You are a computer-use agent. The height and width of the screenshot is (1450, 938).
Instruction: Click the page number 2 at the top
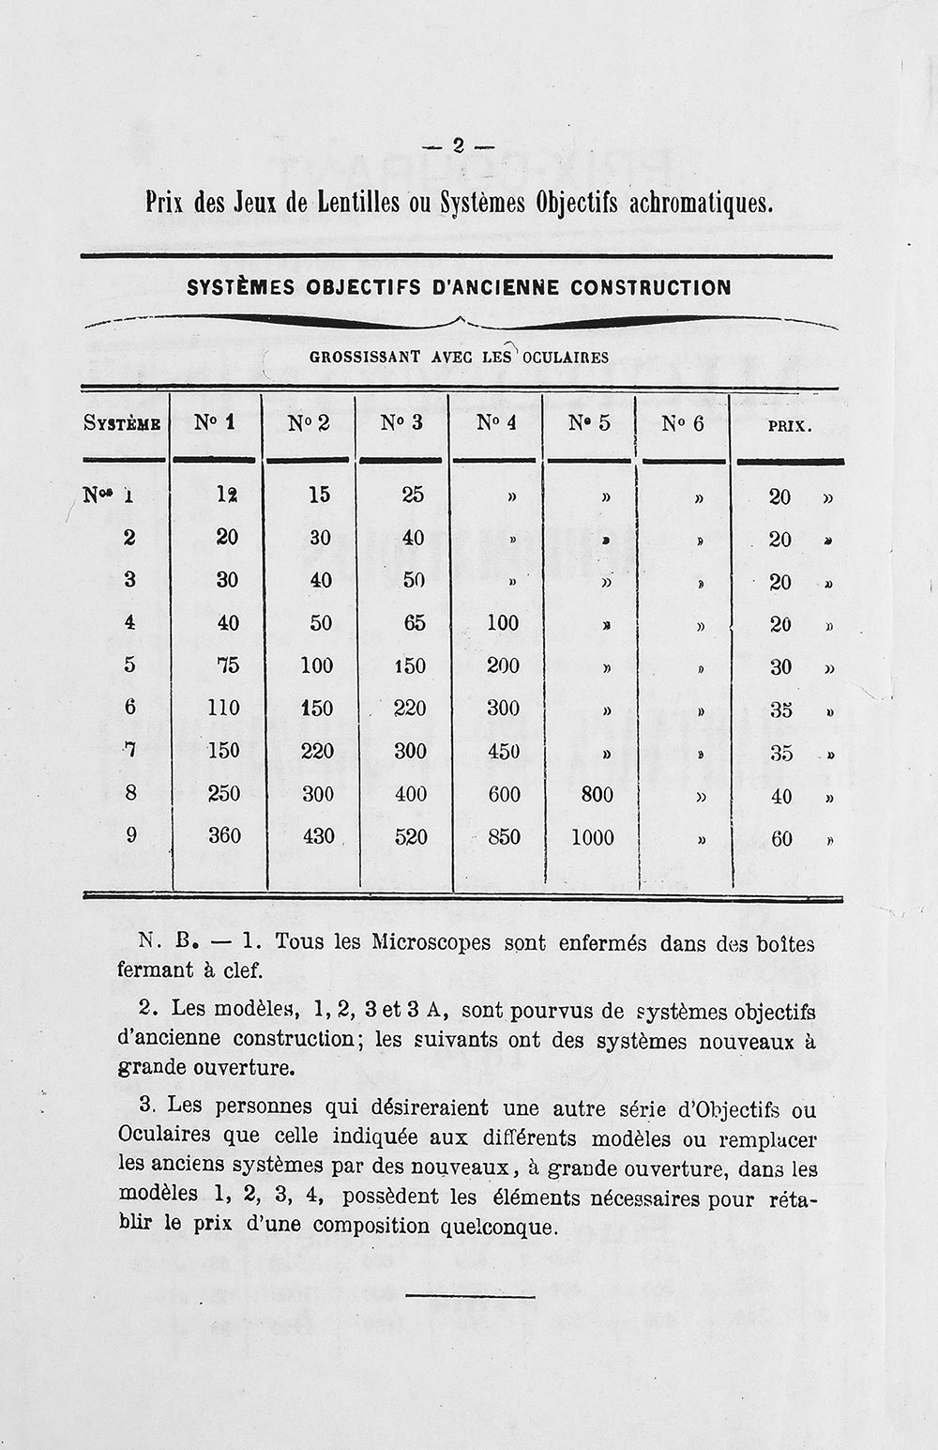pyautogui.click(x=459, y=145)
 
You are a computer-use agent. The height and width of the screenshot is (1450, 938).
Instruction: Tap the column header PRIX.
pyautogui.click(x=790, y=426)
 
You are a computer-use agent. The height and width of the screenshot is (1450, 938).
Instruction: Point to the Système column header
pyautogui.click(x=122, y=424)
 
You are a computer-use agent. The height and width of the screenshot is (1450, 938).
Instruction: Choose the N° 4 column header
pyautogui.click(x=496, y=423)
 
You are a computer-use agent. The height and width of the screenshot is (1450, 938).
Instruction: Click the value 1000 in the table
pyautogui.click(x=593, y=837)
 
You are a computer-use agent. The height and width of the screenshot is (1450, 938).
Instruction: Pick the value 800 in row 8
pyautogui.click(x=597, y=795)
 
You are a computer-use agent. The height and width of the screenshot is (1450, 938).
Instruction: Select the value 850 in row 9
pyautogui.click(x=504, y=836)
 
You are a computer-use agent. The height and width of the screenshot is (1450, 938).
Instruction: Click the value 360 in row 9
pyautogui.click(x=224, y=835)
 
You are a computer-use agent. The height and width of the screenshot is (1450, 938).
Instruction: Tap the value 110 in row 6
pyautogui.click(x=223, y=708)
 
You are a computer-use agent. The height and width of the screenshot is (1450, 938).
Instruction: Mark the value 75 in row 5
pyautogui.click(x=227, y=665)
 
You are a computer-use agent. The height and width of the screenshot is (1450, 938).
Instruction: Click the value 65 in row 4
pyautogui.click(x=414, y=623)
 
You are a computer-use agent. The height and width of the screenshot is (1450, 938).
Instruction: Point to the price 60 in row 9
pyautogui.click(x=781, y=839)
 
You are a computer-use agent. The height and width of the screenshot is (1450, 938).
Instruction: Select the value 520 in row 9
pyautogui.click(x=411, y=836)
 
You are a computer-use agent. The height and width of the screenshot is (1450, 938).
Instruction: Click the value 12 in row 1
pyautogui.click(x=226, y=495)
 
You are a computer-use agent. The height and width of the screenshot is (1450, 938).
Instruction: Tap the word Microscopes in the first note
pyautogui.click(x=431, y=941)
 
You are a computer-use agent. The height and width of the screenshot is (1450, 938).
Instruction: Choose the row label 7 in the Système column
pyautogui.click(x=130, y=750)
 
